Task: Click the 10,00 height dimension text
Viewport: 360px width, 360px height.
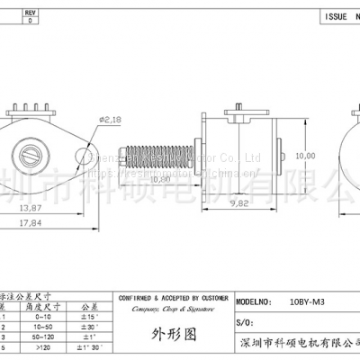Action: click(306, 156)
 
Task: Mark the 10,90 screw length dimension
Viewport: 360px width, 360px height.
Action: click(160, 179)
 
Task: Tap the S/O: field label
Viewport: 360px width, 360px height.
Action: click(243, 321)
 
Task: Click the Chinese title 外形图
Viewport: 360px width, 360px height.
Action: click(173, 338)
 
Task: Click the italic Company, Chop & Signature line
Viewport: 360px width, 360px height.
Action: click(172, 309)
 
